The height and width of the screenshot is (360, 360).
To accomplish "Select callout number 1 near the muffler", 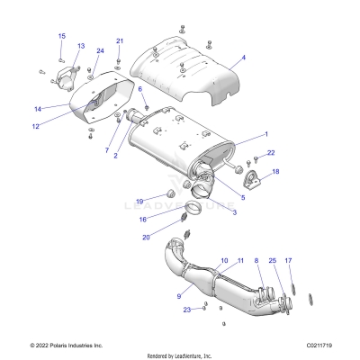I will [x=265, y=134].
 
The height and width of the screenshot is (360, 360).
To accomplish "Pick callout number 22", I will [x=271, y=153].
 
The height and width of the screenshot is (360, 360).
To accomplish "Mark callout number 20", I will [x=146, y=237].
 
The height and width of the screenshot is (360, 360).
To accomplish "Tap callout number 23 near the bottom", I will [x=186, y=309].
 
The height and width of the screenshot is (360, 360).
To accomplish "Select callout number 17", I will [x=288, y=260].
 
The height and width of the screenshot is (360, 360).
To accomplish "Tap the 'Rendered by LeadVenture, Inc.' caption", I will [x=180, y=354].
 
